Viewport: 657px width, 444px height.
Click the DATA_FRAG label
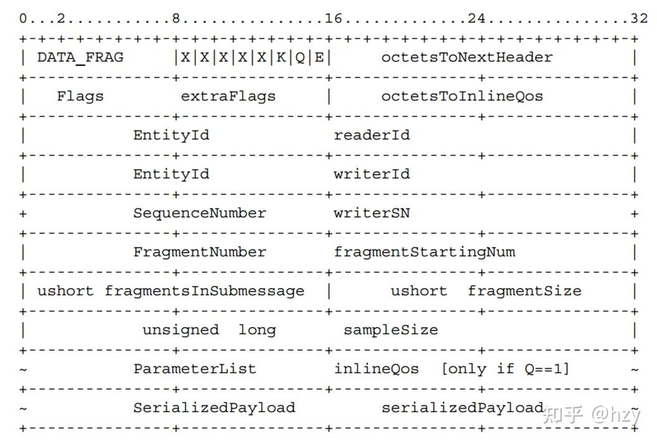80,57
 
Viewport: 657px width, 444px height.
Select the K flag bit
281,57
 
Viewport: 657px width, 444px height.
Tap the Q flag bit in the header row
300,57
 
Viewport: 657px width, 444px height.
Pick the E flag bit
319,57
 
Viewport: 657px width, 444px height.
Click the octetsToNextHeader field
467,57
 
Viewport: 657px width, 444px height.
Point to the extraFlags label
228,96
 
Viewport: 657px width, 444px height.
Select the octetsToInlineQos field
462,96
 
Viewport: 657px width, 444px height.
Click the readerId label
371,135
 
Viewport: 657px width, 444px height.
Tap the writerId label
371,174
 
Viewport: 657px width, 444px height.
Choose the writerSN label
371,213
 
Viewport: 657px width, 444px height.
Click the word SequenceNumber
200,213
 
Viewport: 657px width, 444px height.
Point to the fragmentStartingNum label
424,252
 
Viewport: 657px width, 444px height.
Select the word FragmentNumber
200,252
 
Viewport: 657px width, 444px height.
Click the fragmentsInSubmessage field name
205,291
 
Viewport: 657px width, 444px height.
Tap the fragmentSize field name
524,291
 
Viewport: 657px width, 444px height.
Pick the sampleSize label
391,330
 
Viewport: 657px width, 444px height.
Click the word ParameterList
195,369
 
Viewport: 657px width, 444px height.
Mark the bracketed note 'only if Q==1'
505,369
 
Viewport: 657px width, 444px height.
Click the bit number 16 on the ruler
333,19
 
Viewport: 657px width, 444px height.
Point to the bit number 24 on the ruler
477,19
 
